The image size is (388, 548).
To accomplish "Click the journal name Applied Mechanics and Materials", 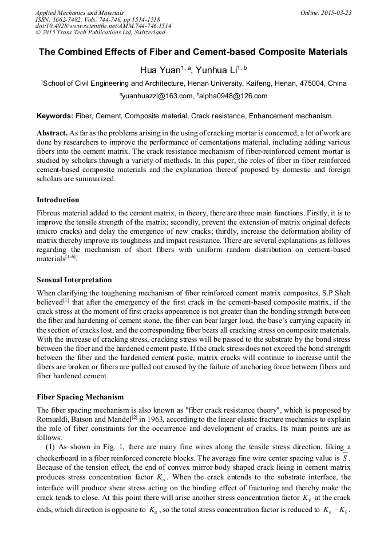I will [x=80, y=12].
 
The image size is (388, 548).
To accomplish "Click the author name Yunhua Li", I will [x=218, y=70].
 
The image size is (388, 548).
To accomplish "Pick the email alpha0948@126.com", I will [x=233, y=96].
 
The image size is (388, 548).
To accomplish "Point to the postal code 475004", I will [x=310, y=83].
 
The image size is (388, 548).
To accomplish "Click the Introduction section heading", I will [x=58, y=200].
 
